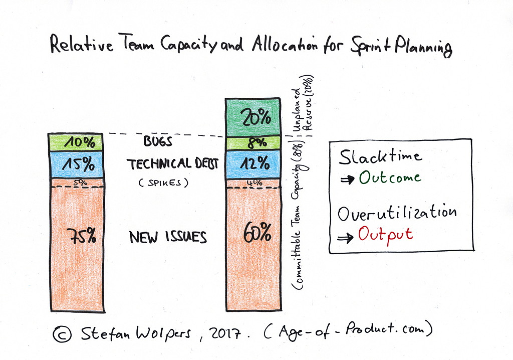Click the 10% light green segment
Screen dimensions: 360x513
75,142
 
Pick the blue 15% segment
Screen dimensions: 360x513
75,164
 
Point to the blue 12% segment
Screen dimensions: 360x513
253,163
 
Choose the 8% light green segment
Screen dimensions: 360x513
253,143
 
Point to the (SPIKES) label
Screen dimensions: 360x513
162,184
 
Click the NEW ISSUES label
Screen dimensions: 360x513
168,237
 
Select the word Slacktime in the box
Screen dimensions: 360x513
380,157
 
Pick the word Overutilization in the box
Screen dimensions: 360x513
397,213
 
